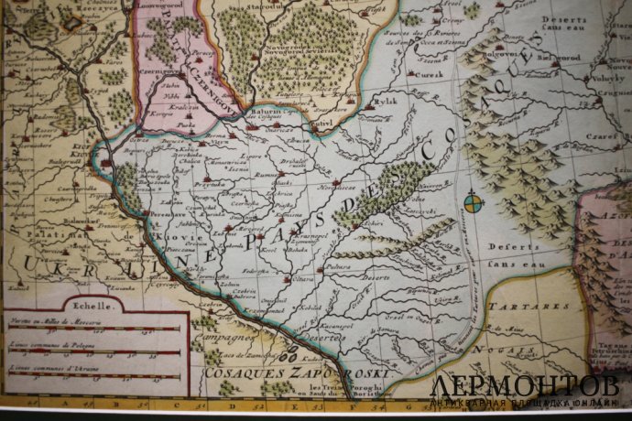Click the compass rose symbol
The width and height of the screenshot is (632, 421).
473,202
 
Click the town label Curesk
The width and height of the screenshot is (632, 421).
430,74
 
